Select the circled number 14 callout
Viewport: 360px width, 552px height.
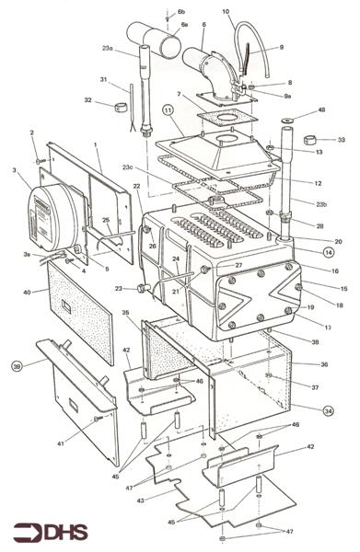329,250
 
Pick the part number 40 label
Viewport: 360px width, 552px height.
28,293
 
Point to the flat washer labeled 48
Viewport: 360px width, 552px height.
286,120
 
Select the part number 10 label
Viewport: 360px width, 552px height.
226,12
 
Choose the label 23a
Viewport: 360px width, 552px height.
108,48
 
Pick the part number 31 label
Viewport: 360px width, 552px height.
104,79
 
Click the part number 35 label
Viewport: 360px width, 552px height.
125,313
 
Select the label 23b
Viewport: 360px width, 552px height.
321,204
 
